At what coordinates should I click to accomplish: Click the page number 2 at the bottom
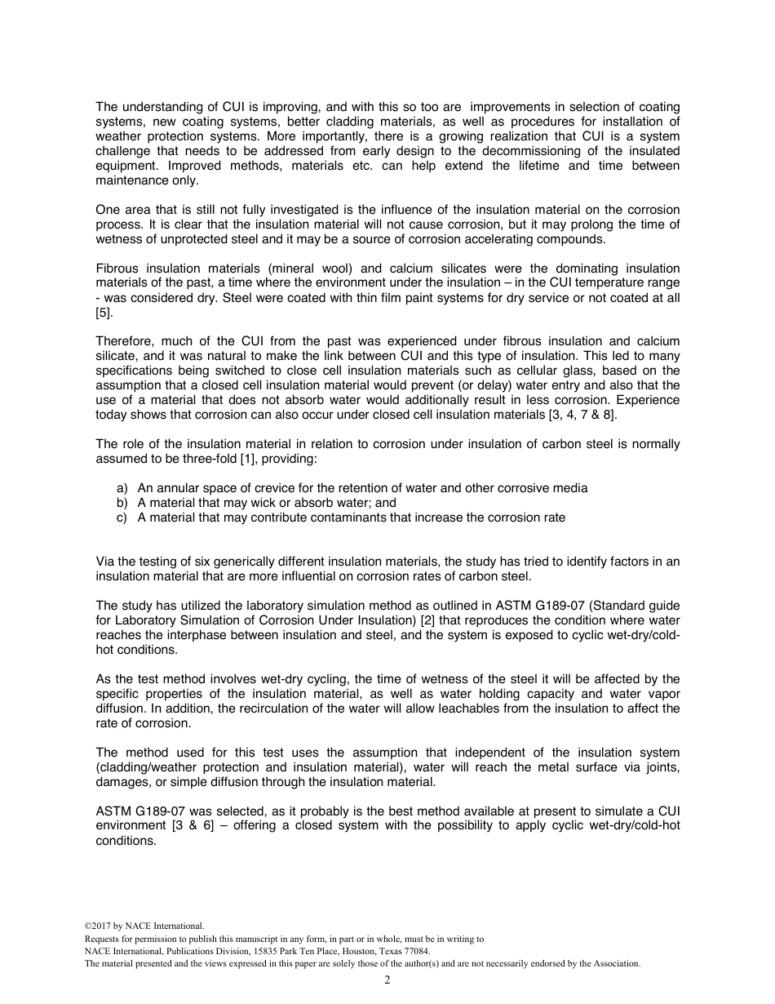point(387,980)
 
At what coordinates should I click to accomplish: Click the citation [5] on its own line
point(104,313)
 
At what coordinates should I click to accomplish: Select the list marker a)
point(123,488)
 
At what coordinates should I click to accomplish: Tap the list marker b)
point(123,503)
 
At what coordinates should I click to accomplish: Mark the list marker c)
point(123,518)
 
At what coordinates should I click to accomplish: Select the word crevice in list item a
point(281,488)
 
